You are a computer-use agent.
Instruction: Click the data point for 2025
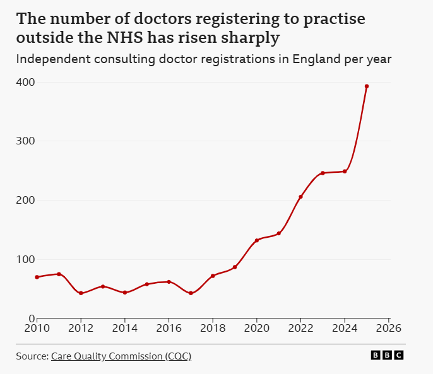367,86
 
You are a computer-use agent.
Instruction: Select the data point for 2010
37,277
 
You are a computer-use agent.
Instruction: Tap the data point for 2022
300,197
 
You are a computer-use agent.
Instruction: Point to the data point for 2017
191,293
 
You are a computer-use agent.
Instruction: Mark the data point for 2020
257,240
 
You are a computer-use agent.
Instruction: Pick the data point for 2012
81,293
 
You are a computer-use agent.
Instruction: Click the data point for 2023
323,173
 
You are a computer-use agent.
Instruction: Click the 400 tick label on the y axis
25,82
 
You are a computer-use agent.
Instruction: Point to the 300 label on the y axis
25,141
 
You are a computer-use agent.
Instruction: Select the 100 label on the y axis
25,259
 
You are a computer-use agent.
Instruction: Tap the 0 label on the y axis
32,318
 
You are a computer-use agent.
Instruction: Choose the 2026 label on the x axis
389,329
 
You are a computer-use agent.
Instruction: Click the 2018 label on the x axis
213,329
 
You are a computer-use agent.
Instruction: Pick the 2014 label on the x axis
125,329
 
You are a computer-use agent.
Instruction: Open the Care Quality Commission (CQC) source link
121,356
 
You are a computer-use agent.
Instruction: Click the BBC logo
387,356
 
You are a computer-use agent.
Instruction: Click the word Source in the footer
31,356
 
